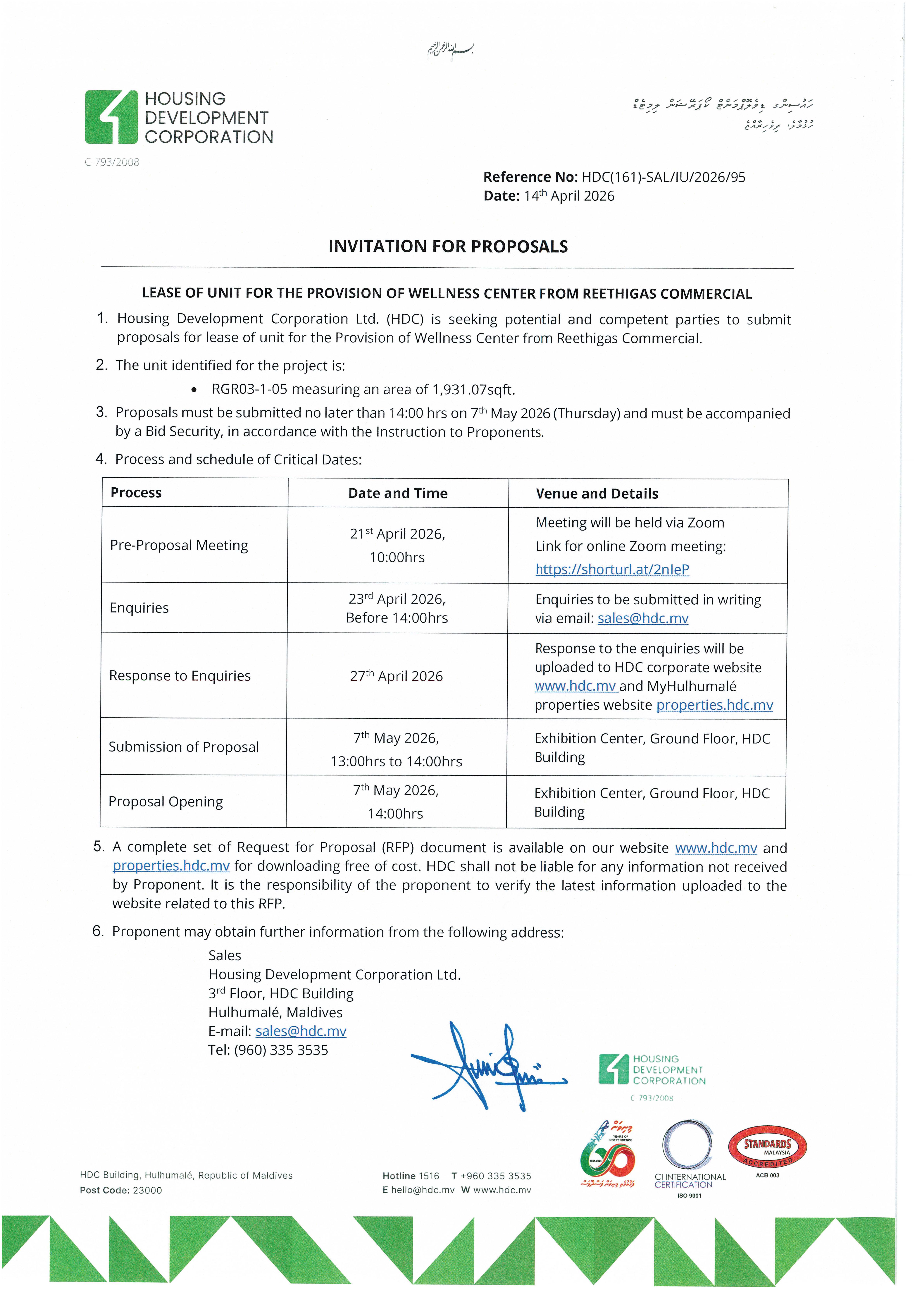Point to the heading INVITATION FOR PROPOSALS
[x=448, y=247]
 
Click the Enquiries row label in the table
[x=139, y=608]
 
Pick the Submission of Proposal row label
[x=184, y=747]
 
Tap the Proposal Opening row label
[x=166, y=802]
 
